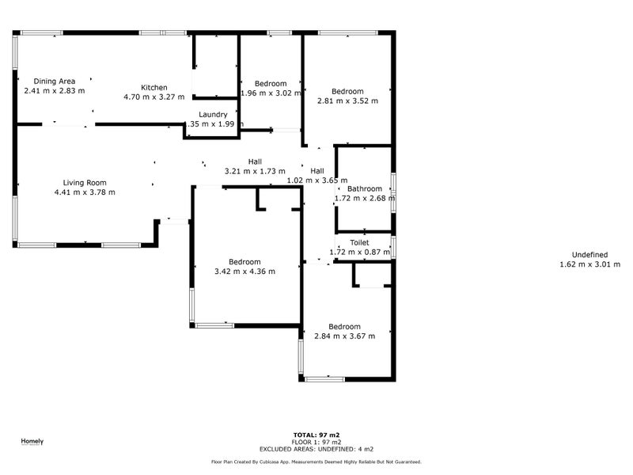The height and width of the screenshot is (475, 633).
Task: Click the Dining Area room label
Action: [55, 81]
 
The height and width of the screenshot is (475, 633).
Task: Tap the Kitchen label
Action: [154, 87]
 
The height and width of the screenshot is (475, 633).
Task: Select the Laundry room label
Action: [214, 114]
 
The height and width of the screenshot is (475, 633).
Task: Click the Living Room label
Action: [85, 182]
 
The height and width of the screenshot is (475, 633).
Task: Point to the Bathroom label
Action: [365, 188]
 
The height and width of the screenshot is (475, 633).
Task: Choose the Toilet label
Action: [359, 242]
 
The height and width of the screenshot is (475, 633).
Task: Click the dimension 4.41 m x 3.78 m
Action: [85, 192]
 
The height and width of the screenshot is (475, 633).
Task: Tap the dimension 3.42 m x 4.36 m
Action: [244, 272]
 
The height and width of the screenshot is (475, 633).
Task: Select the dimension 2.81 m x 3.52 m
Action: [347, 101]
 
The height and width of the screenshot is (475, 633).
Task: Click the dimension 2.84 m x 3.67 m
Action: [344, 336]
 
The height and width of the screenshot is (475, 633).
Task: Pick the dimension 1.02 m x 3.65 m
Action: [316, 180]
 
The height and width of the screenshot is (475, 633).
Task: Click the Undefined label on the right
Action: [589, 254]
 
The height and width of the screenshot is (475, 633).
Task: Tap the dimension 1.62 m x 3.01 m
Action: [589, 264]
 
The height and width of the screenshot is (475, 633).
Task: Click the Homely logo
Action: [32, 441]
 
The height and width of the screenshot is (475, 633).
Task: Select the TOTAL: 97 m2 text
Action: [316, 435]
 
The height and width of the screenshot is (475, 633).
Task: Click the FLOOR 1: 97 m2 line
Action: [316, 441]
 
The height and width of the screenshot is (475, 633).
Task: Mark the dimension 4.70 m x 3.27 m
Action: [154, 97]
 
